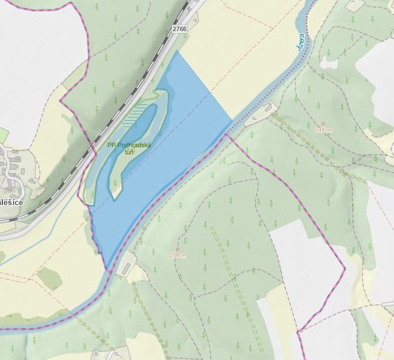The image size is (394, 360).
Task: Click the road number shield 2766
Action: (x=179, y=28)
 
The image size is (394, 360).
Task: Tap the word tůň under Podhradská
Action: (x=129, y=152)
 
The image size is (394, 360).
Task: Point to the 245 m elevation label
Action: (x=324, y=130)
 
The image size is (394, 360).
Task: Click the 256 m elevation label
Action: (x=178, y=255)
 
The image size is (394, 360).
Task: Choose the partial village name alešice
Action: (x=11, y=202)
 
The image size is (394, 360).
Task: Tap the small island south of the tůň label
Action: (x=116, y=190)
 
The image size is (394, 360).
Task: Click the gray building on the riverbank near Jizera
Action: (x=267, y=108)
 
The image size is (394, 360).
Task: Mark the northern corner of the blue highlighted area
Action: (x=177, y=51)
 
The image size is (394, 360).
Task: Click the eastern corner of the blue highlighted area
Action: (x=231, y=121)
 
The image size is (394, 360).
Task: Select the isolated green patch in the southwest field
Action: (x=48, y=277)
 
